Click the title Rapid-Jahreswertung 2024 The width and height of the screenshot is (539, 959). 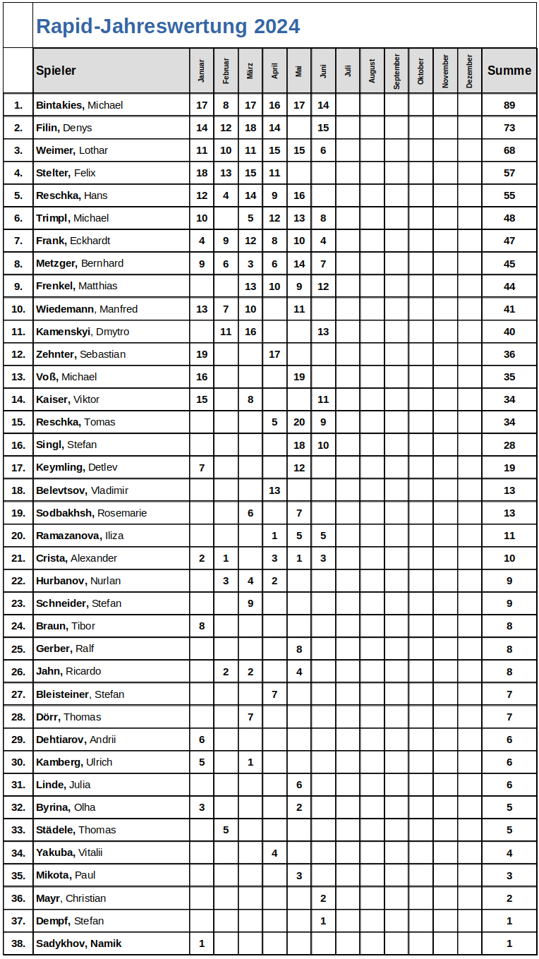[168, 26]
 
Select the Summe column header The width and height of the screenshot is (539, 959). [509, 71]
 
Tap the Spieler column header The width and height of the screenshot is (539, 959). [56, 71]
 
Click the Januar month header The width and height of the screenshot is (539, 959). [202, 71]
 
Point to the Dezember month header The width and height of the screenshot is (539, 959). [470, 71]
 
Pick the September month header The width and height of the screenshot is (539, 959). [396, 71]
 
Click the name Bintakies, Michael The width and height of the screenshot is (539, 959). [79, 105]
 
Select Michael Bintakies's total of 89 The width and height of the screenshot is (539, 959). [509, 105]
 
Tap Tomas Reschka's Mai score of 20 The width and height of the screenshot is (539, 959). [299, 422]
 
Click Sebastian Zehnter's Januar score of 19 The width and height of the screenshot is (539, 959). [202, 354]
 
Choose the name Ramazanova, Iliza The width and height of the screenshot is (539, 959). [80, 536]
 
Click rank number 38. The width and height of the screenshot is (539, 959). [18, 943]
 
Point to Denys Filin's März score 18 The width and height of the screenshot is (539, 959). [250, 128]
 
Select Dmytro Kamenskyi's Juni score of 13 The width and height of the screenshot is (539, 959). [323, 332]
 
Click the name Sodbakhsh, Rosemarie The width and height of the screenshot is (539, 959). [91, 513]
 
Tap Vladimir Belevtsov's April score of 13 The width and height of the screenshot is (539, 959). [274, 490]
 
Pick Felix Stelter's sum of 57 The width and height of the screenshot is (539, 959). [509, 173]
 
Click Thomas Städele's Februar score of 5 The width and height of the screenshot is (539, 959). [226, 830]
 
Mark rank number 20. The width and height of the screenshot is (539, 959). [18, 536]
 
